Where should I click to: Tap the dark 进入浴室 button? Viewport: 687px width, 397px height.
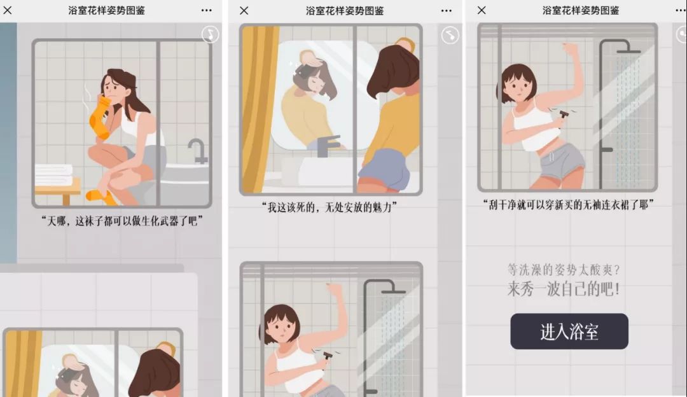point(569,331)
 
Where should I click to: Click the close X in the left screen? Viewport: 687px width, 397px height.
point(8,10)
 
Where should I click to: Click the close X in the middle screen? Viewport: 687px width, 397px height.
point(244,11)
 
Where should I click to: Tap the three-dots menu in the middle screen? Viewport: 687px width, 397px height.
point(447,11)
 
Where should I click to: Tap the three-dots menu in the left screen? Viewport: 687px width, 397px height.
point(206,11)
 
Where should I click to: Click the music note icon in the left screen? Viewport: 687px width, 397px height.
point(211,34)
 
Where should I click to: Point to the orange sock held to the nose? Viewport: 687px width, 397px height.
point(100,117)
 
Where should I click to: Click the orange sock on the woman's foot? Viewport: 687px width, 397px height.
point(102,197)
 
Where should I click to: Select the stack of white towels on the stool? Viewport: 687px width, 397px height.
point(54,175)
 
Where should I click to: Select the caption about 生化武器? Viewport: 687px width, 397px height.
point(122,221)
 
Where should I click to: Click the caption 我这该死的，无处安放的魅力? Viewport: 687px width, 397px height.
point(330,207)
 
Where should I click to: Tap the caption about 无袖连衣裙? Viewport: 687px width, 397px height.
point(568,205)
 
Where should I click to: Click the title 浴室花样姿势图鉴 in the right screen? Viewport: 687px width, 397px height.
point(581,11)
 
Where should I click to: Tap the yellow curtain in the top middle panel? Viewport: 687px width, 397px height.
point(258,109)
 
